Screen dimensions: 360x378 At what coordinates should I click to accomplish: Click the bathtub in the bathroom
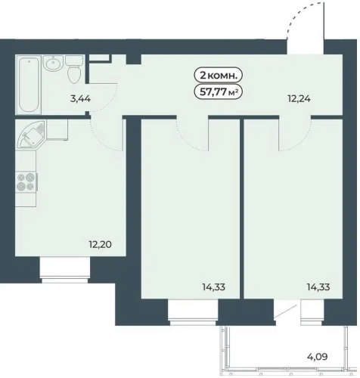coord(29,85)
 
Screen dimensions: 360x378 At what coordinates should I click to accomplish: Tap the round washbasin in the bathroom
coord(53,63)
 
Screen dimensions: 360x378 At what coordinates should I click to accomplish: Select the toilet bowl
coord(74,70)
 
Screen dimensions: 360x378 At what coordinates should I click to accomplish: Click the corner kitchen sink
coord(31,134)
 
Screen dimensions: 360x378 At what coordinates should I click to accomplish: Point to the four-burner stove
coord(26,181)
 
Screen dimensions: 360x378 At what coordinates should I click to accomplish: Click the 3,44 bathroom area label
coord(80,99)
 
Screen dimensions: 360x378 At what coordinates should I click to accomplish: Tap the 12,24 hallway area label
coord(299,99)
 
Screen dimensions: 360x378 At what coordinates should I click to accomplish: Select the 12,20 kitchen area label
coord(100,244)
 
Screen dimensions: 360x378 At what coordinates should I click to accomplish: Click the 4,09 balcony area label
coord(318,357)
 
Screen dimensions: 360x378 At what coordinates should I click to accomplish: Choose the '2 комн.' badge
coord(218,75)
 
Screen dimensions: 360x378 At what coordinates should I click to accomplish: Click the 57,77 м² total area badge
coord(218,92)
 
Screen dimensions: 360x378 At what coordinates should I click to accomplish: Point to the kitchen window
coord(65,270)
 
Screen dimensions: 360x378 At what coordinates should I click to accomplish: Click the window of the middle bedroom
coord(193,312)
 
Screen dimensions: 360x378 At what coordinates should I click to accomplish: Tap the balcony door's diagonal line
coord(286,311)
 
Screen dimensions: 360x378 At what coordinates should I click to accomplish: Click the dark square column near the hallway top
coord(133,59)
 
